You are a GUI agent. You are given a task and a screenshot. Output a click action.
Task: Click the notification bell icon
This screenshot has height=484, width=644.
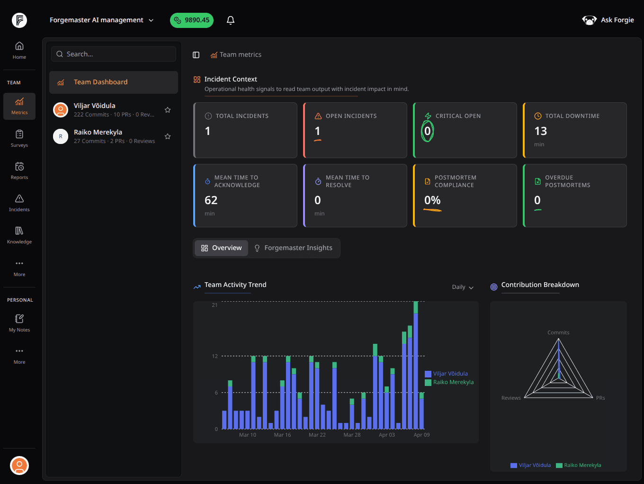tap(231, 20)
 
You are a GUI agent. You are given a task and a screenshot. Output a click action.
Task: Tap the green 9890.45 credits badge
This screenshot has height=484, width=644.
tap(192, 20)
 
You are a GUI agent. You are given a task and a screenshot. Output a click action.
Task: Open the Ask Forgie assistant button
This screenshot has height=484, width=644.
tap(608, 20)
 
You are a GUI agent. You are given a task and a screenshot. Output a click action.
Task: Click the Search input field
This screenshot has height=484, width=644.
tap(114, 54)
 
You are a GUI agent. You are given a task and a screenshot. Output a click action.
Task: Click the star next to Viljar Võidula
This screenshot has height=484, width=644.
tap(168, 110)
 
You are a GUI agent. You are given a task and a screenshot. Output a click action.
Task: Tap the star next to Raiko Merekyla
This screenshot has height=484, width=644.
tap(168, 136)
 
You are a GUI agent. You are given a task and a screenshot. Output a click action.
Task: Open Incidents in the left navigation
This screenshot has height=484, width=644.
tap(19, 203)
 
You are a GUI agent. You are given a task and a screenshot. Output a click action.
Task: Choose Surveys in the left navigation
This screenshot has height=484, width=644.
tap(19, 138)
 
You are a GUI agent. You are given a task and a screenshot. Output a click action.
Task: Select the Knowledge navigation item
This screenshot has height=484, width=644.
tap(19, 235)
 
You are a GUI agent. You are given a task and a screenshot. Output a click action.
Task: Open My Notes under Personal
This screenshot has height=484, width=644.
tap(19, 323)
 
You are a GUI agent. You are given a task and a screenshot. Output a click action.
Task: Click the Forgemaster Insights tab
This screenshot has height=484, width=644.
tap(293, 248)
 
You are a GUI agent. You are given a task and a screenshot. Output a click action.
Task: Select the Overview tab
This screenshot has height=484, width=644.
tap(221, 248)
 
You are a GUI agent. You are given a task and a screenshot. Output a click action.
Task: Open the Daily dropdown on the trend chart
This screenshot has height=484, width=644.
tap(463, 287)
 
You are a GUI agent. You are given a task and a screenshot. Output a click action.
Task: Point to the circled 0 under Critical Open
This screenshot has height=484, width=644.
tap(427, 131)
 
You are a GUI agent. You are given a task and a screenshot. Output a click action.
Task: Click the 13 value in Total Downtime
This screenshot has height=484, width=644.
tap(540, 131)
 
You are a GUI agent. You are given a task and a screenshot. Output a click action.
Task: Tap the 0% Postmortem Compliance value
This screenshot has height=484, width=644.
tap(432, 200)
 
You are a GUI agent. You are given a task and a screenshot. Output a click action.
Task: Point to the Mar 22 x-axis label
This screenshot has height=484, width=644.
tap(317, 435)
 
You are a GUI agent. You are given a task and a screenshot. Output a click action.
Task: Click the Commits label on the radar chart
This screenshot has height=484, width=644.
tap(558, 332)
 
